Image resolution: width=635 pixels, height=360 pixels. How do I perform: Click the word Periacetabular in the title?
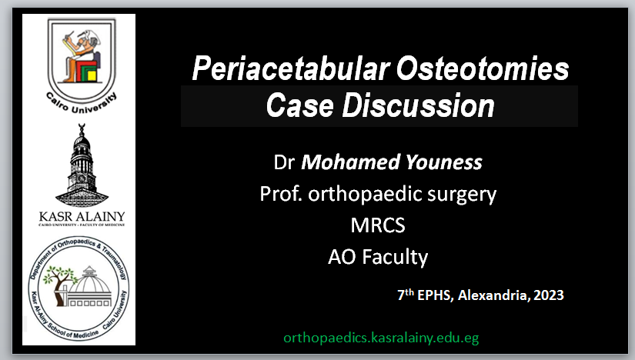(x=291, y=68)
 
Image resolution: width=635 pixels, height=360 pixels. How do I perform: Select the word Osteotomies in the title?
(x=483, y=68)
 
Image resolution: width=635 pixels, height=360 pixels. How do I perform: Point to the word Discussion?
(x=419, y=105)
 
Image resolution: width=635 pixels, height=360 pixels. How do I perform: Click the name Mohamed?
(x=351, y=162)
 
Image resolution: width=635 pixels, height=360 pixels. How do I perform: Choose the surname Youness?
(x=444, y=162)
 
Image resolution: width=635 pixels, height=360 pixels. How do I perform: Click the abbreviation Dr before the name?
(x=284, y=162)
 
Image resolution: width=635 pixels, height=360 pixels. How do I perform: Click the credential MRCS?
(x=378, y=225)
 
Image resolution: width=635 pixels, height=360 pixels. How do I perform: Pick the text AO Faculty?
(x=378, y=257)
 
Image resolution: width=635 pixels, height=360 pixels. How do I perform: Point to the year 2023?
(x=549, y=295)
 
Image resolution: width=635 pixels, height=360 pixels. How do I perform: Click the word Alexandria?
(x=494, y=295)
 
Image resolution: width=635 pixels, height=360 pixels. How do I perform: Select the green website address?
(x=381, y=338)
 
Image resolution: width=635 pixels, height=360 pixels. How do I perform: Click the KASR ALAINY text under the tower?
(x=82, y=216)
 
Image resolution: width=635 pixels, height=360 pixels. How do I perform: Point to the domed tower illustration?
(x=82, y=165)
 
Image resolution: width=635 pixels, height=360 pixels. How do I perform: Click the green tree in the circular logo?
(x=58, y=282)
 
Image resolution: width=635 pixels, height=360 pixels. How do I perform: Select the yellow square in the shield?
(x=92, y=75)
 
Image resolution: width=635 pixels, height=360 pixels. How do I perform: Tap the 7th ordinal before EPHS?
(x=406, y=294)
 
